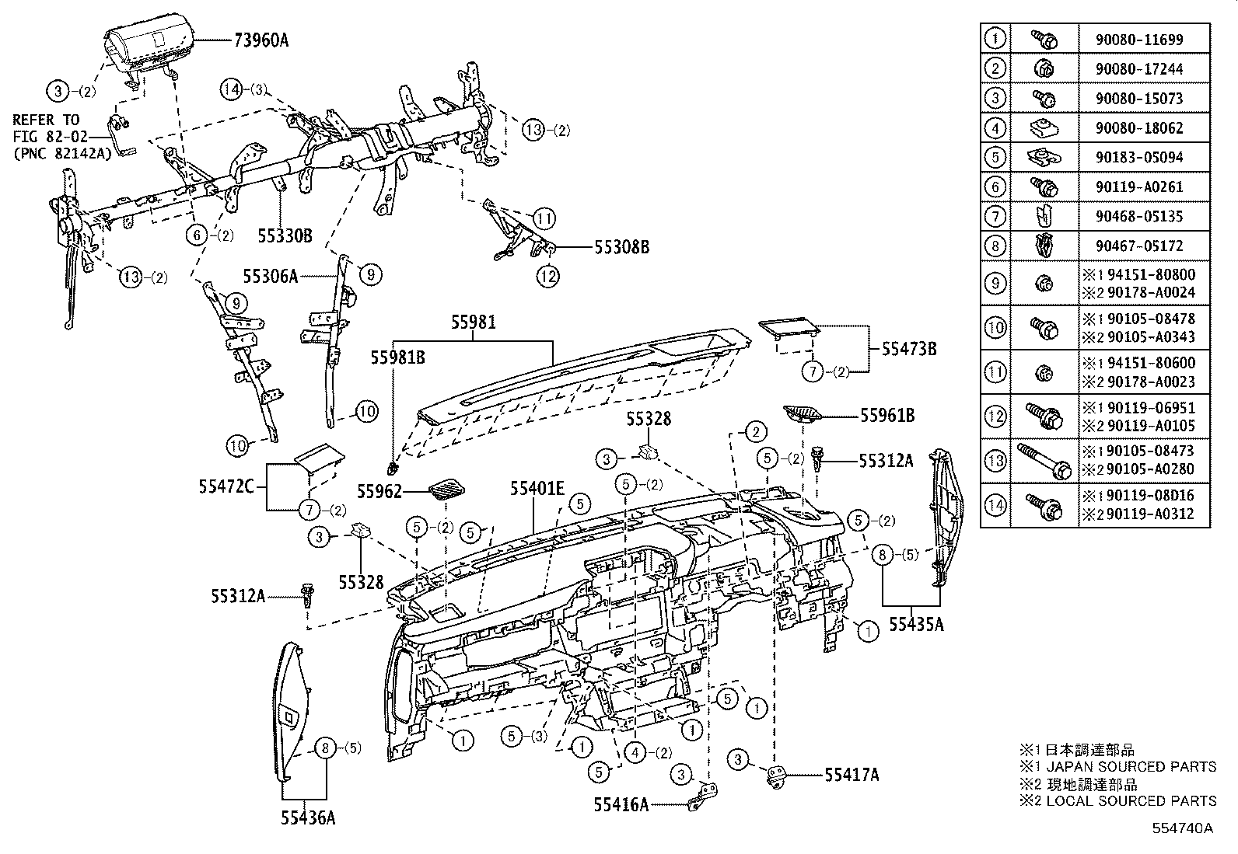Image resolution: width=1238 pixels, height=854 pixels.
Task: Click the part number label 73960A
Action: pos(261,40)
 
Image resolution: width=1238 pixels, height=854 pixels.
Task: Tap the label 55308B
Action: pos(621,248)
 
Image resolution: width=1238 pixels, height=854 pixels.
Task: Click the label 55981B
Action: pos(397,357)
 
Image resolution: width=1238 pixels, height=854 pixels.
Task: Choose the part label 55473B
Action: pos(909,350)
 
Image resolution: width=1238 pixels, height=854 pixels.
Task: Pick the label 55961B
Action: pos(887,417)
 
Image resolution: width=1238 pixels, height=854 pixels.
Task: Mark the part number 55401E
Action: pos(537,489)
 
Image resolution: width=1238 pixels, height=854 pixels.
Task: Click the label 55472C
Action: pos(226,487)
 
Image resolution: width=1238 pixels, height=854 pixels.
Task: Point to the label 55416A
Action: pos(621,805)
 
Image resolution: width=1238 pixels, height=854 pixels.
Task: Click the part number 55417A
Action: pos(852,775)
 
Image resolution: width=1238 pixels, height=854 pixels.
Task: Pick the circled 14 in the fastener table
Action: pos(995,505)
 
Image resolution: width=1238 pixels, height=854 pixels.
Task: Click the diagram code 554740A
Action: pos(1183,828)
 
